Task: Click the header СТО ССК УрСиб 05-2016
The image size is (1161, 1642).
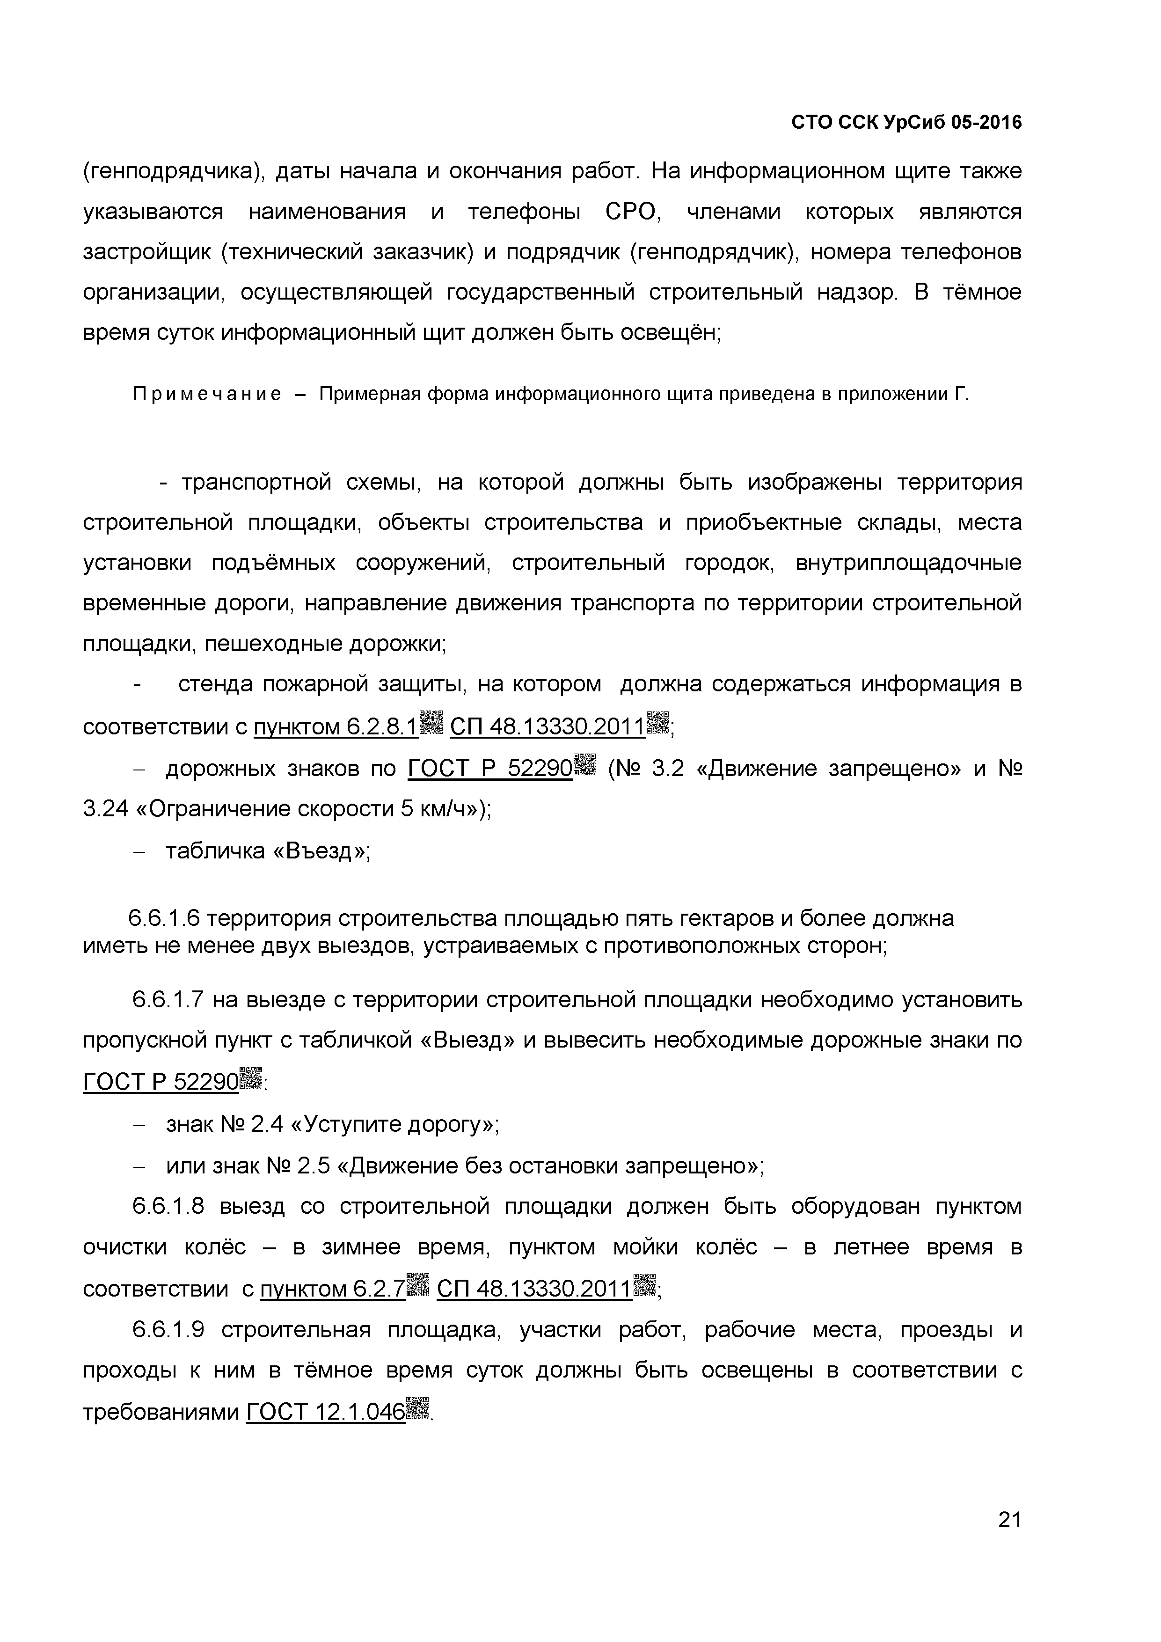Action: pyautogui.click(x=906, y=123)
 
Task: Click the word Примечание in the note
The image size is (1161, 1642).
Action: pyautogui.click(x=207, y=394)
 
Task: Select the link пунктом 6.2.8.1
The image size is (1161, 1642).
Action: pyautogui.click(x=336, y=727)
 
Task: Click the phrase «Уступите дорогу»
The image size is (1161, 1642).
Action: pyautogui.click(x=394, y=1125)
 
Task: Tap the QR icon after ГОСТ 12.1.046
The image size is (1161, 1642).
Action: pyautogui.click(x=417, y=1408)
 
